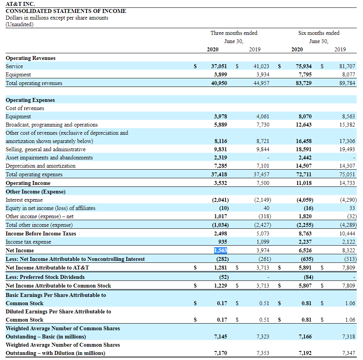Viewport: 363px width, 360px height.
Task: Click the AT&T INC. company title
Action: pos(20,4)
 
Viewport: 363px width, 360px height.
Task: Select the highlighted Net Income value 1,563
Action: pos(220,250)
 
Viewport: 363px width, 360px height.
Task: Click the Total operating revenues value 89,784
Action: pos(347,83)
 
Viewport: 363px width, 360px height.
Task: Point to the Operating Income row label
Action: pos(28,183)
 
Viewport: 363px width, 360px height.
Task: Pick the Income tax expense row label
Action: pos(28,242)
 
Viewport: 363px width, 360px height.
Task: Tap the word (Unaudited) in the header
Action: pos(20,24)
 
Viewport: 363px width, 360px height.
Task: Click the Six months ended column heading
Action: pos(319,33)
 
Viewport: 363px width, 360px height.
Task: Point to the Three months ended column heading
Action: pos(234,33)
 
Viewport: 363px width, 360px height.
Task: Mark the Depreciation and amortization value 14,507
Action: pos(304,166)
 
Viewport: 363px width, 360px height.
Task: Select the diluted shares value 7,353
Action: pos(262,353)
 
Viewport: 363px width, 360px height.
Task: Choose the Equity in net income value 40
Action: pos(266,208)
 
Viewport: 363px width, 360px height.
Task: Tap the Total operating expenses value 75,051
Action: pos(347,174)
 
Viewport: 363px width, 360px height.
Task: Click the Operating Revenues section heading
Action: pos(31,58)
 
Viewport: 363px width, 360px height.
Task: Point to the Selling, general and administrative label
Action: pos(45,149)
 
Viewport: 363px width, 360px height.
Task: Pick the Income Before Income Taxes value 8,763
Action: pos(305,233)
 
